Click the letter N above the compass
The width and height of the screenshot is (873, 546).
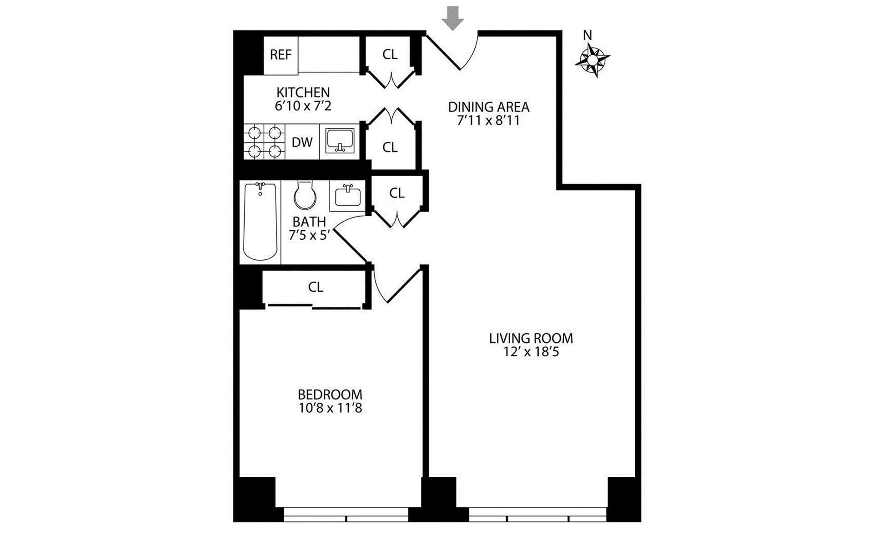coord(587,35)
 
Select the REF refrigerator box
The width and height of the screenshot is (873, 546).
coord(281,55)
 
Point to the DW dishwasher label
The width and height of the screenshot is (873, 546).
coord(302,142)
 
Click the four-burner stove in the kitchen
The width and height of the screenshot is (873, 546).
coord(265,142)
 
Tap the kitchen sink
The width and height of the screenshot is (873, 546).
coord(340,141)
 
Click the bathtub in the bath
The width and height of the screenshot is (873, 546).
coord(260,222)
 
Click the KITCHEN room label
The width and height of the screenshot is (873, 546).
coord(303,92)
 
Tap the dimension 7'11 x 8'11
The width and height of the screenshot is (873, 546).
coord(489,121)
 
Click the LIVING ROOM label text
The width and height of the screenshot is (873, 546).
coord(531,339)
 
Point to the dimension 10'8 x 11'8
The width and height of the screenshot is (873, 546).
coord(330,408)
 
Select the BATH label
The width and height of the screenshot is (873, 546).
coord(309,222)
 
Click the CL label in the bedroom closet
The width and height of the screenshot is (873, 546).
coord(316,287)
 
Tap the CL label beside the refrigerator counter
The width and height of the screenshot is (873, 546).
coord(390,55)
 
